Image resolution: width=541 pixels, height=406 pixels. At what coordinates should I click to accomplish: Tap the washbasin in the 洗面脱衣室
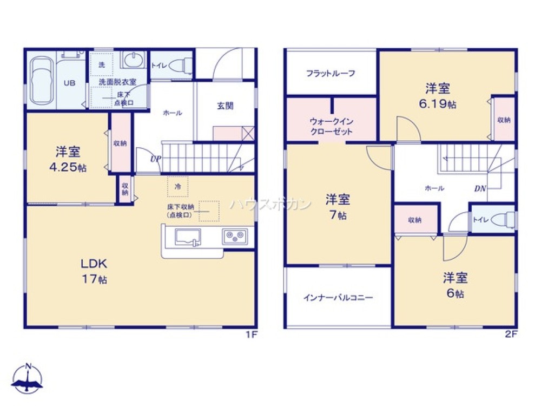[133, 60]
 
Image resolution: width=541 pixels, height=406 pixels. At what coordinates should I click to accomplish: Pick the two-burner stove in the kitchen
[235, 236]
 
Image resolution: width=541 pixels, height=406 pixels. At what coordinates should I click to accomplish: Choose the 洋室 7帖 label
[337, 207]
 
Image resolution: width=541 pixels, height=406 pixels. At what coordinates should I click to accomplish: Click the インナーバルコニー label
[338, 298]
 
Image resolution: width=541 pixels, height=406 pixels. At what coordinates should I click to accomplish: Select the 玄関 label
[225, 106]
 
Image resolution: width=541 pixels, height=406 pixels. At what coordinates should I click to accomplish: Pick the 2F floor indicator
[511, 335]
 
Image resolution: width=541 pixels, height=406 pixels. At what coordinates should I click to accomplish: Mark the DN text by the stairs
[480, 189]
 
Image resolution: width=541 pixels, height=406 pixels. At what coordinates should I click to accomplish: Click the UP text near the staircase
[140, 159]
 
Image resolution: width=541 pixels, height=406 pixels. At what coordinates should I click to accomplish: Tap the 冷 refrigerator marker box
[177, 186]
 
